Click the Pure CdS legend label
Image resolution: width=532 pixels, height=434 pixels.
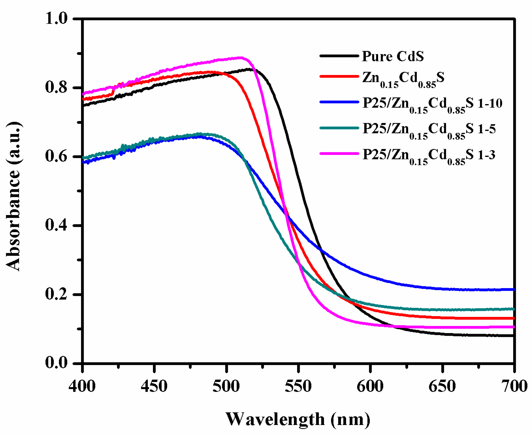pos(393,56)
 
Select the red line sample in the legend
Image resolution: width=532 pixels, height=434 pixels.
pos(339,76)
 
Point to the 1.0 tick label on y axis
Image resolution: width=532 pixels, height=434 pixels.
pos(56,19)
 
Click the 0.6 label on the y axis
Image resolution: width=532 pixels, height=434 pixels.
pos(56,156)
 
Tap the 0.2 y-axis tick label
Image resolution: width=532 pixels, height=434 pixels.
pos(56,294)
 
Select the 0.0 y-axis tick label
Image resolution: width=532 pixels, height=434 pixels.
pos(56,363)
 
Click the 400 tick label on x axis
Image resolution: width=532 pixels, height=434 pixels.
pos(82,387)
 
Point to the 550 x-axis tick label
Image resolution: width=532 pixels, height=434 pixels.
pos(298,387)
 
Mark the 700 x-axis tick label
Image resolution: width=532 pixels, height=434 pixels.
pos(514,387)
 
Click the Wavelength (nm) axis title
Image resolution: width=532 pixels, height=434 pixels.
pos(298,420)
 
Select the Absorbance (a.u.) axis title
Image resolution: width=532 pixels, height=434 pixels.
pos(13,196)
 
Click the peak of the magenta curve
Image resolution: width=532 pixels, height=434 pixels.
pos(240,58)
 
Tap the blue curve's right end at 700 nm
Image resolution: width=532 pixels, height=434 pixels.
pos(513,290)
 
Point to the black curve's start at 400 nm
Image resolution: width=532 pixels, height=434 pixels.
pos(83,105)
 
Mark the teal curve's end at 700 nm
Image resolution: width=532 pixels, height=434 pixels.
pos(513,309)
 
